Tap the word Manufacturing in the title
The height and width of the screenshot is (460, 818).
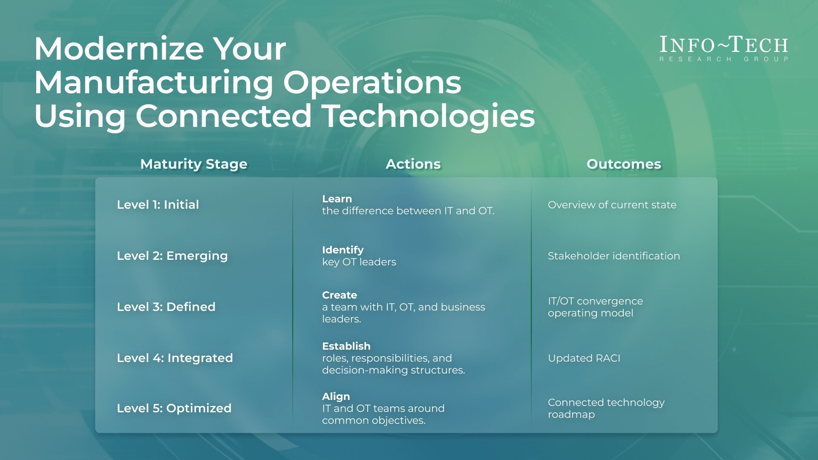pos(153,83)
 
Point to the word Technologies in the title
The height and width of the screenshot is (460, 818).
pos(428,116)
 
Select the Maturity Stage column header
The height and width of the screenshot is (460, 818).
pos(194,164)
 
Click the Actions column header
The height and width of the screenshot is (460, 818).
pos(413,164)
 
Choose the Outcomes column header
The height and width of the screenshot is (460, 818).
pos(623,164)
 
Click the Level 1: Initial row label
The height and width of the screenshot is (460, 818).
pos(158,205)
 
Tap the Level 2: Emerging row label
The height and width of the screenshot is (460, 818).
pos(172,256)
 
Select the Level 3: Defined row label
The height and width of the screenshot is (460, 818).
pos(166,307)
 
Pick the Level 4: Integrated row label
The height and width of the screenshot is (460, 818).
pos(175,358)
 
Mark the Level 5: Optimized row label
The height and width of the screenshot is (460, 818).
pos(174,408)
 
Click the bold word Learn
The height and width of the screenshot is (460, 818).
pos(337,199)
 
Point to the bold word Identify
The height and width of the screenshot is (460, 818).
pos(343,250)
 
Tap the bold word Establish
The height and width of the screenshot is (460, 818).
pos(346,346)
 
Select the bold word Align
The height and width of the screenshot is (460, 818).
pos(336,397)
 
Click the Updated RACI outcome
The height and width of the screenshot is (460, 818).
pos(584,358)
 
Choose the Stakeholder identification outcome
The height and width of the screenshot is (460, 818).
pos(613,256)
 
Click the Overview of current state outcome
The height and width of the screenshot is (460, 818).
pos(612,205)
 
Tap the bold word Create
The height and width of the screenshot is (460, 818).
pos(339,295)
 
